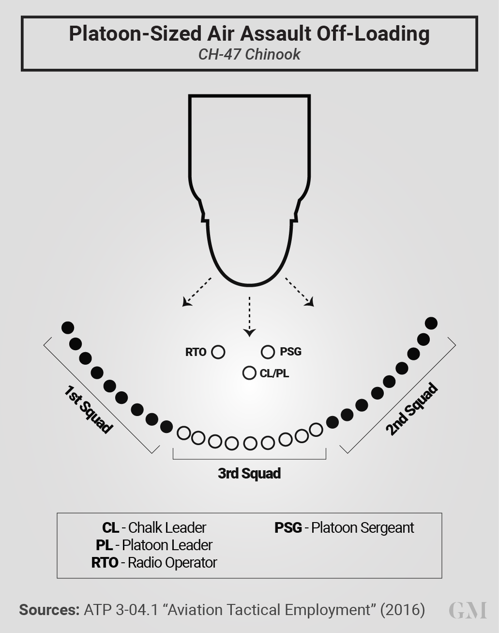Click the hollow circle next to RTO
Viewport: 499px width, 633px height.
click(218, 352)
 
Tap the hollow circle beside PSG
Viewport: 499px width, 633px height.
click(268, 352)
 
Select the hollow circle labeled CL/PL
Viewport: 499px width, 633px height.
click(249, 373)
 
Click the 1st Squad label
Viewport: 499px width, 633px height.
click(88, 409)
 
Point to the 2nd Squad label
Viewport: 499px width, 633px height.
click(412, 409)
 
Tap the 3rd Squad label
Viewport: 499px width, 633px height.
click(249, 473)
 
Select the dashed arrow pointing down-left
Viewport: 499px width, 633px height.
click(197, 292)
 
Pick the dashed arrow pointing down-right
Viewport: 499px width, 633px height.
click(300, 292)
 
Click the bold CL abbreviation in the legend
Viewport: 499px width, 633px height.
click(111, 527)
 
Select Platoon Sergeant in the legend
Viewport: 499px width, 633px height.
click(363, 527)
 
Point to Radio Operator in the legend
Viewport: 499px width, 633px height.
click(172, 562)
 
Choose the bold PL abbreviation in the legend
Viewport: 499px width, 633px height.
click(105, 545)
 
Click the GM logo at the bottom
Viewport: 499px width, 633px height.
click(468, 610)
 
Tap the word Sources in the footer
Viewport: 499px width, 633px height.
click(49, 610)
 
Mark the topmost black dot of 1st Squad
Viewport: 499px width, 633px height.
click(68, 328)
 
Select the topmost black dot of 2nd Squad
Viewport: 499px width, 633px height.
click(431, 323)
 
